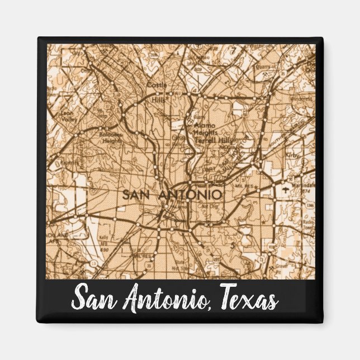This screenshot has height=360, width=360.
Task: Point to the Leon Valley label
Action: [x=68, y=115]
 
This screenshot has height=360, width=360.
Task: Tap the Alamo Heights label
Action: [x=204, y=129]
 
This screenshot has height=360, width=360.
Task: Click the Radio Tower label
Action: [x=307, y=225]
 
